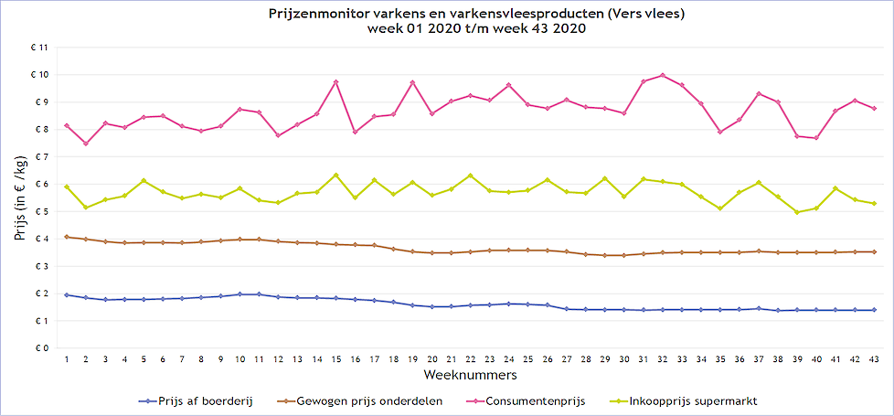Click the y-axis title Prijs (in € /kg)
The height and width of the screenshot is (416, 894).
point(20,197)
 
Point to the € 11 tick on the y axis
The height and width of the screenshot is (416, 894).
point(38,47)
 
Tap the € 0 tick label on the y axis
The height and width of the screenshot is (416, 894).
point(40,348)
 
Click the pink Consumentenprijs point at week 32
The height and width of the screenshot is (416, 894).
point(663,75)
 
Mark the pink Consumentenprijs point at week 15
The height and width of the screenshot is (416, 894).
point(335,82)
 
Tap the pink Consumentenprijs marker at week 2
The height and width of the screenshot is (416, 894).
point(86,144)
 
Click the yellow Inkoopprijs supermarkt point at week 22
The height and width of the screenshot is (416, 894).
point(470,176)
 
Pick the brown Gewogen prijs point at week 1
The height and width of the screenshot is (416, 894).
point(67,237)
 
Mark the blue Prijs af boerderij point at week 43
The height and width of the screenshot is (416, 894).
point(874,310)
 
